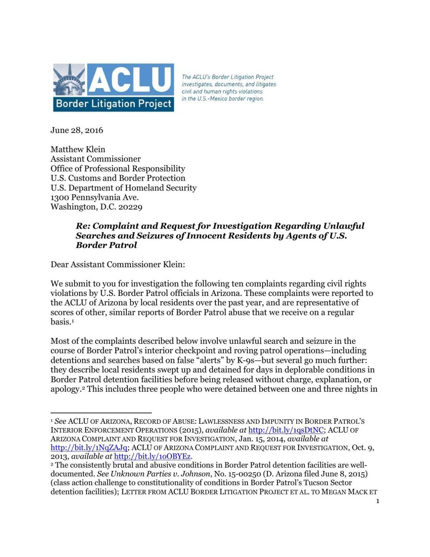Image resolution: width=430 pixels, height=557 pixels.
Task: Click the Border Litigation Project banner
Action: point(114,104)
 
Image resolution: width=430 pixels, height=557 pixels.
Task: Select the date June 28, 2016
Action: point(77,130)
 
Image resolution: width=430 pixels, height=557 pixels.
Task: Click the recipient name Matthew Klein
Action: point(78,149)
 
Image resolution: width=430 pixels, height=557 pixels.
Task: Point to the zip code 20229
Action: point(130,207)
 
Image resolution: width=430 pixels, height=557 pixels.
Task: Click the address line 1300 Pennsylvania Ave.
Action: point(95,197)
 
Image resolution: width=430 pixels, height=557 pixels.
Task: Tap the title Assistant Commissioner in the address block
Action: point(95,159)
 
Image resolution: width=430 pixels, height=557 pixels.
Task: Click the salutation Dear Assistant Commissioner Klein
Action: point(118,265)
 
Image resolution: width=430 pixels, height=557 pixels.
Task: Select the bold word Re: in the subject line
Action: point(83,226)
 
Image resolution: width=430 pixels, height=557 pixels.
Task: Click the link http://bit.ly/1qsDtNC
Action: point(286,430)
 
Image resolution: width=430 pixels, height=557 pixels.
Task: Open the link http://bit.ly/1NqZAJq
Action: point(89,447)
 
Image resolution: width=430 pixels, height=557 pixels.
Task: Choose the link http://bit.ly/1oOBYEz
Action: point(152,456)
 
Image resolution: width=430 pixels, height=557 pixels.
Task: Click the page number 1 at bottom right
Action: point(378,501)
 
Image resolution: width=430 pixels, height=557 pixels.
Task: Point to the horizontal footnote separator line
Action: point(101,413)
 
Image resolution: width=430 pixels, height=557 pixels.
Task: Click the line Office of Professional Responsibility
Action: point(118,168)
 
